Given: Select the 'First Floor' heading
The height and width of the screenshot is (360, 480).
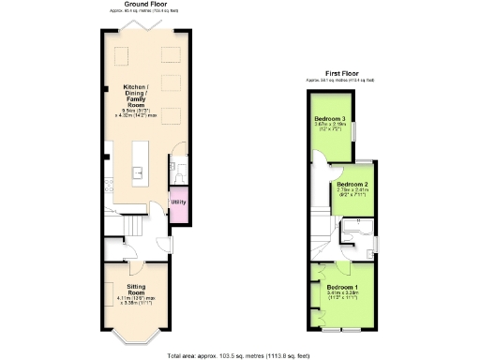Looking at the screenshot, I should point(343,72).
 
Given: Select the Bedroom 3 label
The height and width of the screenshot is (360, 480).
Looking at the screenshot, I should point(330,118).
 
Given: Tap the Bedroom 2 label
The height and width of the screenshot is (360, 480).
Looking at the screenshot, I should point(351,184).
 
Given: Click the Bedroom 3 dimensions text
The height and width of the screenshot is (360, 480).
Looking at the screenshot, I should point(330,127).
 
